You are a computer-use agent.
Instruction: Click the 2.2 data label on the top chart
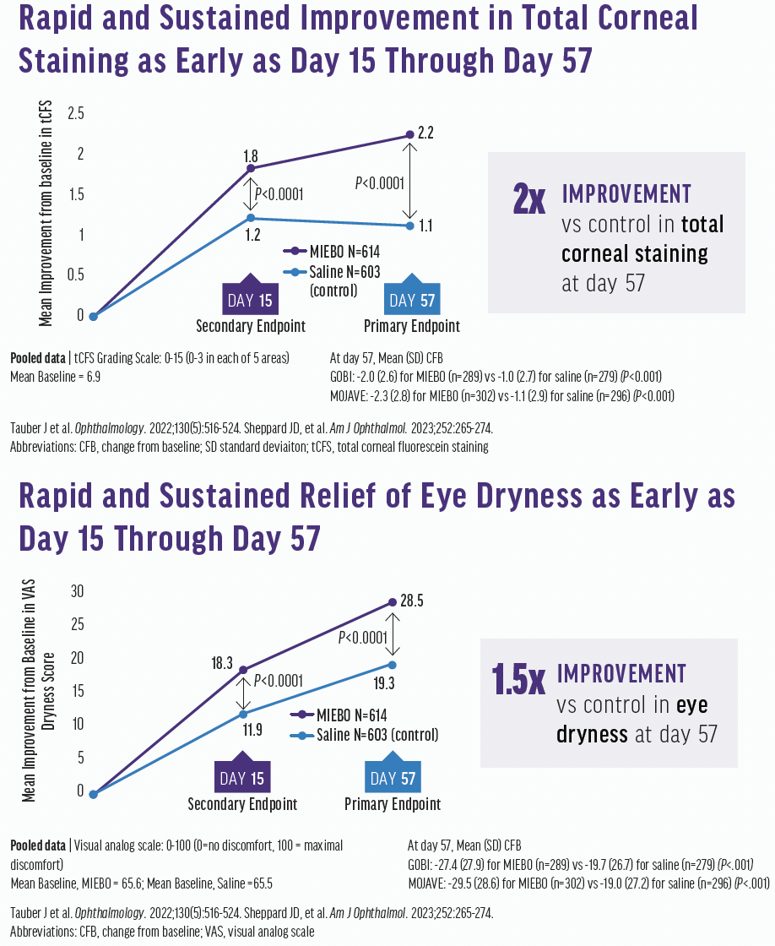click(x=425, y=133)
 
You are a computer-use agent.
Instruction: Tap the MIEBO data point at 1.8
click(x=250, y=169)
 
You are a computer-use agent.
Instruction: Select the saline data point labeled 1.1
click(x=409, y=226)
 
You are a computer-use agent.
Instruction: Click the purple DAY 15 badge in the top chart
click(x=250, y=299)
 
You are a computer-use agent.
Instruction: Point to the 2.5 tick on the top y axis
click(x=77, y=113)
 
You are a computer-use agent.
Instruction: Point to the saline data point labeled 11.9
click(x=243, y=715)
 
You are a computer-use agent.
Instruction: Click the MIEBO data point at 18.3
click(x=243, y=670)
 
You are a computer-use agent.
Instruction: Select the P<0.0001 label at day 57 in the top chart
click(x=380, y=182)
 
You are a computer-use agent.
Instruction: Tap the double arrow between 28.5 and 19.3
click(x=393, y=633)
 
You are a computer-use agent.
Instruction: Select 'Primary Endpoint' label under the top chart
click(x=412, y=326)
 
